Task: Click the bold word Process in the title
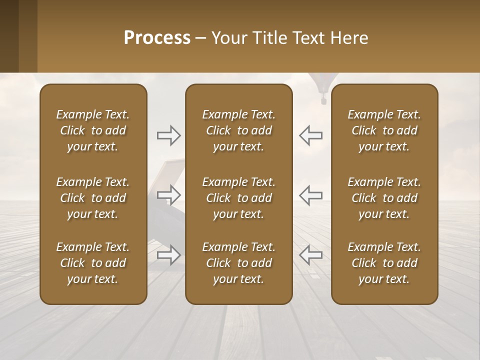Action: pos(157,38)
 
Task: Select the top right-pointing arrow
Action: pos(169,135)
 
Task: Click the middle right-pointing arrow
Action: pos(169,194)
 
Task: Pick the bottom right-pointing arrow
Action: pos(169,254)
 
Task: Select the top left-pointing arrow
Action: pos(310,135)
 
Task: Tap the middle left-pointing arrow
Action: pos(310,194)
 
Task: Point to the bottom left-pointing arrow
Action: pos(310,254)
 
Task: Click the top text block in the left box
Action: pos(93,130)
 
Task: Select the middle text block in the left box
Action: pos(93,198)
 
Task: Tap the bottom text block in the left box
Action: pos(93,263)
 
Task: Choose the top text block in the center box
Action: pos(238,130)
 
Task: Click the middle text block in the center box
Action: pos(238,198)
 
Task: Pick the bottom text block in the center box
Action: pos(238,263)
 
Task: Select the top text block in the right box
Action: pos(384,130)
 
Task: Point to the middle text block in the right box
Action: pos(384,198)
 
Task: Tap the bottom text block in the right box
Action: pos(384,263)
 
